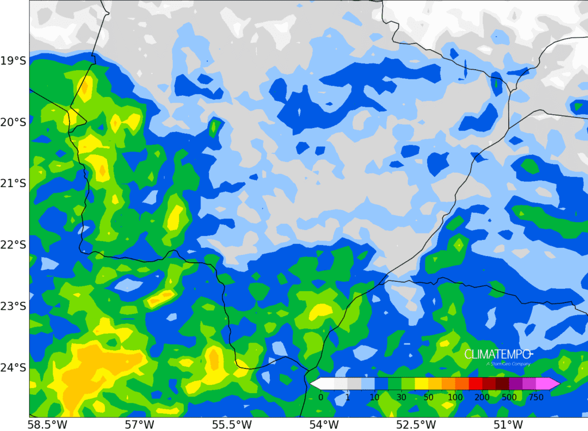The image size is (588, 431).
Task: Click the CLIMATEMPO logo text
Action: coord(498,354)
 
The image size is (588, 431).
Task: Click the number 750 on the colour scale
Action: coord(536,397)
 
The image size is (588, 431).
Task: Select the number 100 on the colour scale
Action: coord(455,397)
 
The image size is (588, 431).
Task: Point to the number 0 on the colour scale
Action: coord(320,397)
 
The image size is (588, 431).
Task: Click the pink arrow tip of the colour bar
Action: coord(556,384)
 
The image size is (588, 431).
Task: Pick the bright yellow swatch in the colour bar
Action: coord(421,384)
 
